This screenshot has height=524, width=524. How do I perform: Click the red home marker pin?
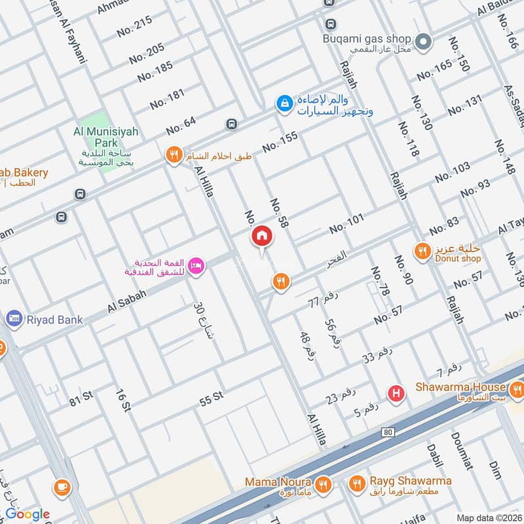tap(261, 236)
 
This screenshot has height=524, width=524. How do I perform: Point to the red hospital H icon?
tap(395, 393)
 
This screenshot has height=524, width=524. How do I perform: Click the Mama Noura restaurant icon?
tap(322, 485)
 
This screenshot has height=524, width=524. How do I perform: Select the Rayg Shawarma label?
tap(409, 481)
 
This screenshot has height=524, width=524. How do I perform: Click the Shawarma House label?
tap(460, 387)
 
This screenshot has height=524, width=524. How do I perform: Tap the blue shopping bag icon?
tap(284, 103)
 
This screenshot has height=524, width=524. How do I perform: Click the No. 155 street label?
tap(280, 142)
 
